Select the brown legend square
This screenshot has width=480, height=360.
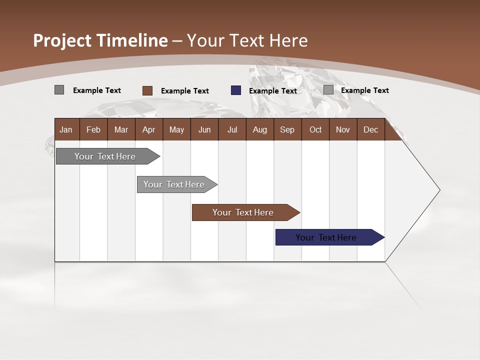pos(147,90)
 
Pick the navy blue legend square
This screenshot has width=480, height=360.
pos(236,90)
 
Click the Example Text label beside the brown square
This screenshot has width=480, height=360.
pos(184,91)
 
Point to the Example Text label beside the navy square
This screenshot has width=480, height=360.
pos(272,91)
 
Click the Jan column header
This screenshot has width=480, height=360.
pos(66,130)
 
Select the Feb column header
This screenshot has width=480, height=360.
pos(93,130)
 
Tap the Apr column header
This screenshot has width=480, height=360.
pos(148,130)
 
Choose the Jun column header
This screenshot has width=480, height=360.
pos(204,130)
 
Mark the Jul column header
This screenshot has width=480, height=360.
pos(232,130)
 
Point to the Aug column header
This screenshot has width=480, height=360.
pos(259,130)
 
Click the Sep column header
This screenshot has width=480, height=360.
pos(287,130)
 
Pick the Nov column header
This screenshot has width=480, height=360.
pos(342,130)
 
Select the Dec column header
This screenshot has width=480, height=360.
pos(370,130)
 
